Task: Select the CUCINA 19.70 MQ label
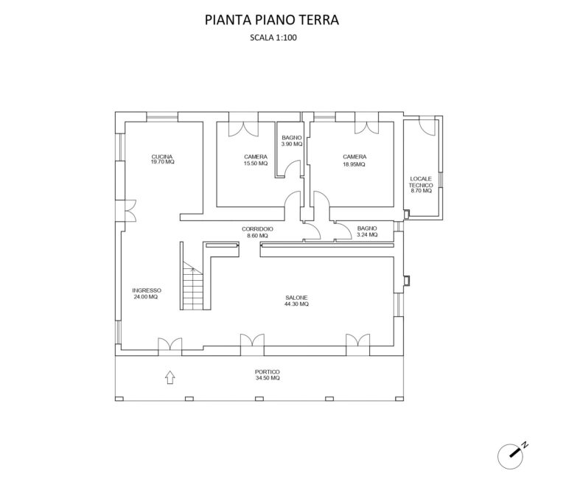tap(162, 159)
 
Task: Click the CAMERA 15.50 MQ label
tap(256, 159)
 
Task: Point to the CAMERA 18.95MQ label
tap(354, 159)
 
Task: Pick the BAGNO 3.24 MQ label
tap(366, 232)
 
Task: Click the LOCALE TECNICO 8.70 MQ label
tap(422, 184)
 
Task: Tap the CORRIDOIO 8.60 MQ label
tap(258, 232)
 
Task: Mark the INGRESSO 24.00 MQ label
tap(146, 293)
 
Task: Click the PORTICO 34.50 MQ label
tap(267, 374)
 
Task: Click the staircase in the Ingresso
tap(192, 288)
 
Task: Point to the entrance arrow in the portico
tap(170, 377)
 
